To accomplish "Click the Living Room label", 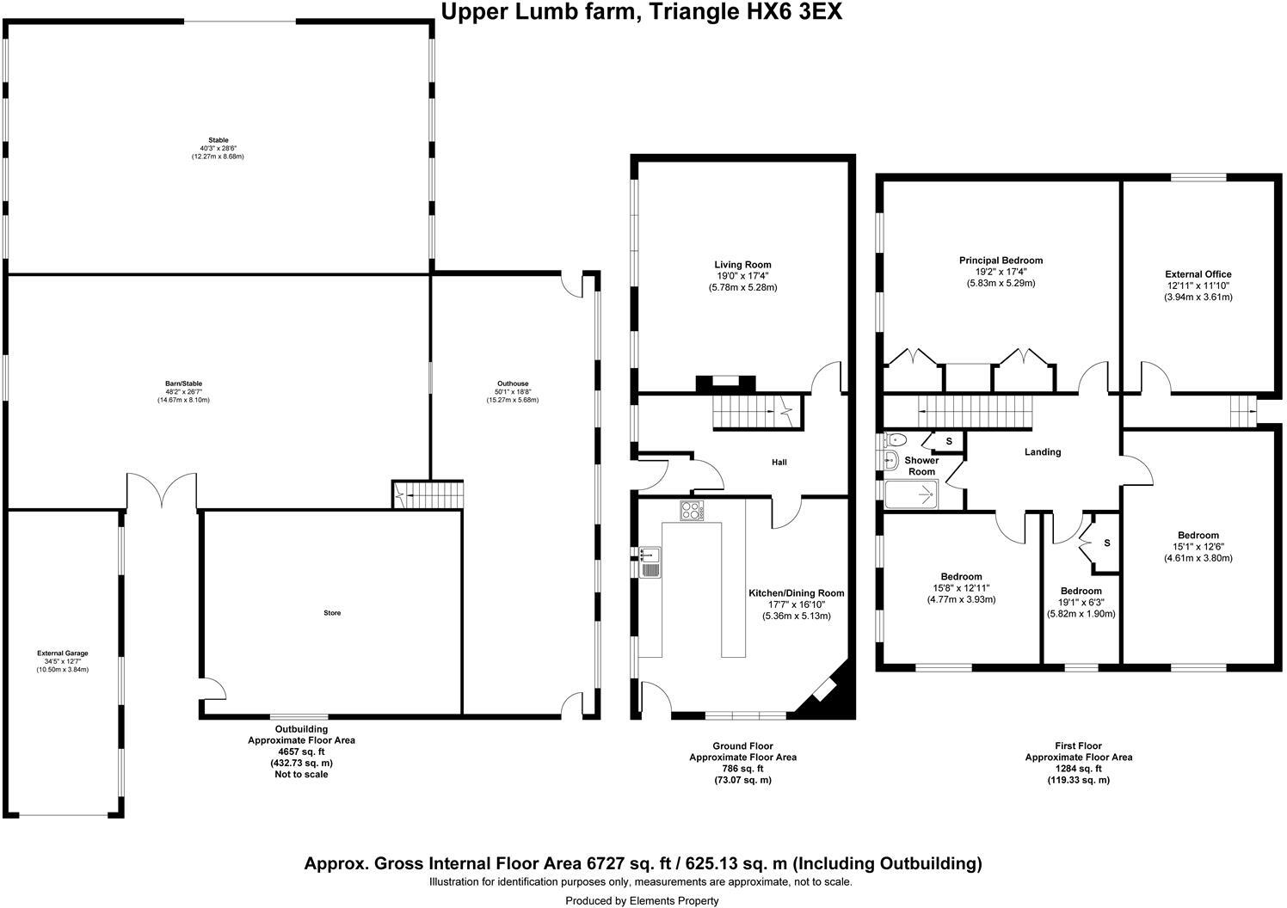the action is (x=742, y=265).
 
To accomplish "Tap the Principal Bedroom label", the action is (x=1001, y=261).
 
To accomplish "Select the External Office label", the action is (x=1198, y=274).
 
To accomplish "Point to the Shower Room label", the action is (x=921, y=466).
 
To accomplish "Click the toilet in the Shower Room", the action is (x=894, y=440).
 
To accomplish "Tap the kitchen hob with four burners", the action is (x=692, y=511).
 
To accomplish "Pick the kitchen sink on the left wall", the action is (x=650, y=562).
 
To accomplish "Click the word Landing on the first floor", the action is (x=1042, y=452).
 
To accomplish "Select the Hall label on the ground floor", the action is (x=779, y=462).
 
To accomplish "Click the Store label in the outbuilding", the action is (x=332, y=613).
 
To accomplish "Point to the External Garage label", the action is (x=63, y=653).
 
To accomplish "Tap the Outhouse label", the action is (x=513, y=383).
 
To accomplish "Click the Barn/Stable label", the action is (x=183, y=383).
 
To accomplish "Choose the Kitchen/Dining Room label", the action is (x=797, y=592).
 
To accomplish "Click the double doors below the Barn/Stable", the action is (x=162, y=490).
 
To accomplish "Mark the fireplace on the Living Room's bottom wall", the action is (x=725, y=383).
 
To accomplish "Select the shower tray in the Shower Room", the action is (x=911, y=494).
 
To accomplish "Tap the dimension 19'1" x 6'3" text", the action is (x=1081, y=602).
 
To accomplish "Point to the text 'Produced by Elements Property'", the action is (x=642, y=900).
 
